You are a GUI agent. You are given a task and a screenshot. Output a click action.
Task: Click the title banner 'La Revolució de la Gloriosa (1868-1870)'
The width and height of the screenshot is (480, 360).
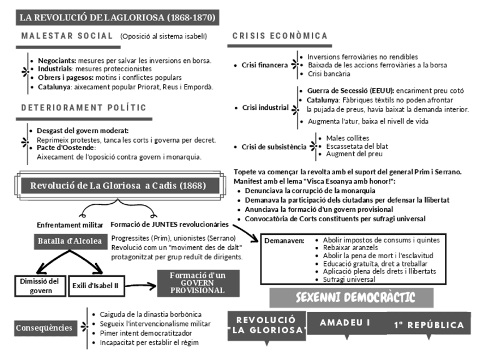[x=117, y=18]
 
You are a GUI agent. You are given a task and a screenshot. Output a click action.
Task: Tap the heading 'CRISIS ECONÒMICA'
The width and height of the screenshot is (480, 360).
[x=280, y=36]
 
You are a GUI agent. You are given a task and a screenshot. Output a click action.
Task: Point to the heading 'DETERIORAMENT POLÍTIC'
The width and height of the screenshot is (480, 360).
[x=83, y=108]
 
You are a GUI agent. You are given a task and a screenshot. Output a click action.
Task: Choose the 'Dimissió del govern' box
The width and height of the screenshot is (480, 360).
[x=38, y=286]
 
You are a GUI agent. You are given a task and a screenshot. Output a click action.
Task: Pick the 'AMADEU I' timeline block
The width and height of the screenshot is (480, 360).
[x=345, y=323]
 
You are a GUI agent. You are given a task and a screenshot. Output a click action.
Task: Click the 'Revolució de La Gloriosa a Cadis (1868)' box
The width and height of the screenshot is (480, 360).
[x=118, y=186]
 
